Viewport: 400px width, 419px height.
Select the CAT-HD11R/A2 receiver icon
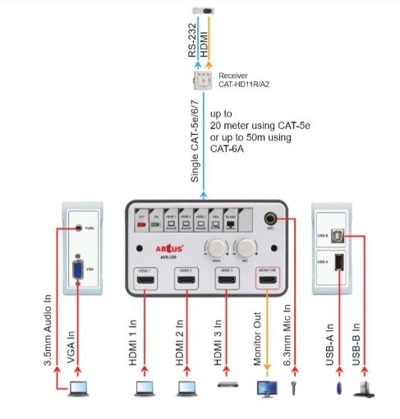(x=202, y=80)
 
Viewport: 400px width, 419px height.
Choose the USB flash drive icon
(x=337, y=388)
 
